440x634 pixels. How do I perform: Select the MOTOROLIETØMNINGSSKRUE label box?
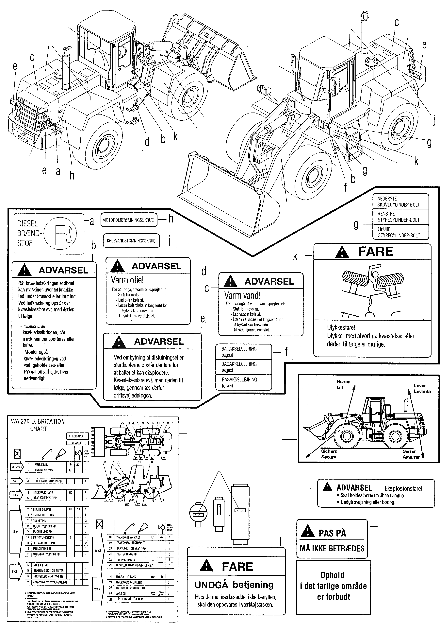coord(128,220)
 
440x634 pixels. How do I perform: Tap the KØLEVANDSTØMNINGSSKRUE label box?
coord(131,241)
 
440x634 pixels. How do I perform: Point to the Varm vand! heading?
coord(242,295)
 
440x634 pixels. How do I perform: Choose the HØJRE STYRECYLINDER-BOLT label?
coord(399,232)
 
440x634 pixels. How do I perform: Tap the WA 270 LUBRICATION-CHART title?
coord(39,425)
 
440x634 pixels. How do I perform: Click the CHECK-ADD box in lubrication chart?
coord(76,436)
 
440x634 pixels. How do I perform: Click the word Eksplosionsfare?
coord(403,489)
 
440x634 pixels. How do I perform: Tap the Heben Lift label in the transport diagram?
coord(343,384)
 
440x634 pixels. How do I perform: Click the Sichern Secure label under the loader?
coord(329,454)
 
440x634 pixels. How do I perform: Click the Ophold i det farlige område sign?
coord(333,586)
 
